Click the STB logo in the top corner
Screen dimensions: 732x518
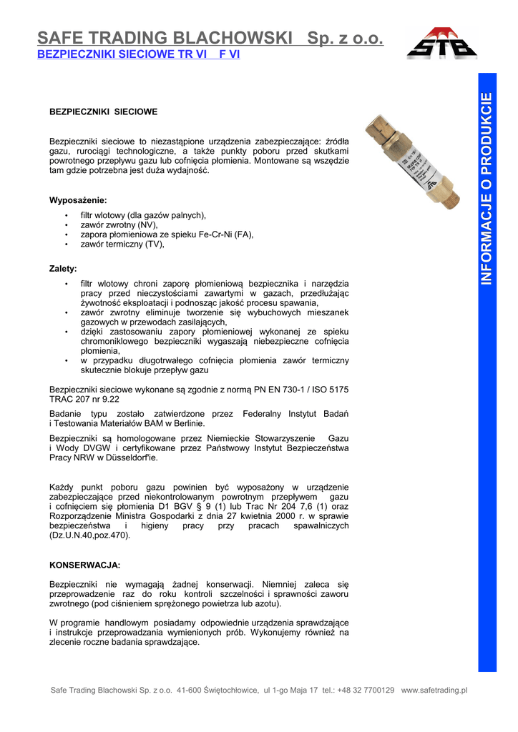[x=441, y=44]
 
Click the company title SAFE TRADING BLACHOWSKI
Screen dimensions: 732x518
[x=165, y=38]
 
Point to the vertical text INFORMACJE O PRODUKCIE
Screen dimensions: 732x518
[x=487, y=189]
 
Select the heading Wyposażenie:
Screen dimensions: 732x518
[x=78, y=199]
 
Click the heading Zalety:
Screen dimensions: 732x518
[x=63, y=269]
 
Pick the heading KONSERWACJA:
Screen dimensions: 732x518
[x=84, y=565]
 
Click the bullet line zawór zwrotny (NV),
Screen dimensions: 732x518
[x=119, y=224]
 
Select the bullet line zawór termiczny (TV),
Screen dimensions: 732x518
[x=122, y=244]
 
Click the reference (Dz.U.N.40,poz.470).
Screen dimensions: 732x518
[x=89, y=535]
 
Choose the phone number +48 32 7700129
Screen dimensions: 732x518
[x=365, y=690]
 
